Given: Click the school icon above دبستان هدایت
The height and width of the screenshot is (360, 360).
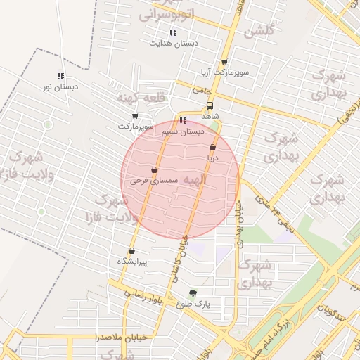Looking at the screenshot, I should click(173, 32).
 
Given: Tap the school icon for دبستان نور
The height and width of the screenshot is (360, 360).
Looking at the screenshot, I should click(60, 76).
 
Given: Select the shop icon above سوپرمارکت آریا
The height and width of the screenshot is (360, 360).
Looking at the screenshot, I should click(224, 62).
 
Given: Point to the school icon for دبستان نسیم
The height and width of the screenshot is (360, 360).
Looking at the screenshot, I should click(183, 120).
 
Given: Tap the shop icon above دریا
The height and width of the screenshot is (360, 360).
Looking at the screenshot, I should click(212, 148).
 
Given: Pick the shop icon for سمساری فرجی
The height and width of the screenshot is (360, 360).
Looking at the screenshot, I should click(154, 169).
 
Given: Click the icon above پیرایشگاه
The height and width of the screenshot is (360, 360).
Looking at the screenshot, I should click(131, 250).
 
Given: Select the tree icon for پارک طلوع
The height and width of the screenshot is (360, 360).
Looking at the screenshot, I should click(193, 293).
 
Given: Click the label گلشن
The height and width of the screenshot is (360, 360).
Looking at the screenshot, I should click(258, 32).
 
